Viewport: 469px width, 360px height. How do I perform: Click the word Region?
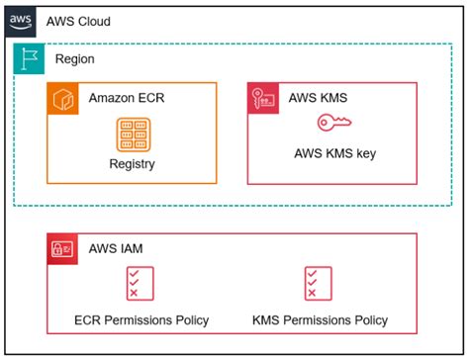[75, 59]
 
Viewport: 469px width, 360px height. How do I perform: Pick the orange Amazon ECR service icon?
[63, 98]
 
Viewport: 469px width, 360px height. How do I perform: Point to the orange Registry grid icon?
[132, 135]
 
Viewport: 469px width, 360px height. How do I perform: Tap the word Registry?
[132, 163]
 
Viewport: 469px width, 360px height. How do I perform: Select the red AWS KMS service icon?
[262, 98]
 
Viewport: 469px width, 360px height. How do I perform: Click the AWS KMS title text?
[320, 98]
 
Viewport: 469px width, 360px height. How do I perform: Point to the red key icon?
[333, 124]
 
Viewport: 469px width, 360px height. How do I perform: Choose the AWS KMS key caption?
[333, 153]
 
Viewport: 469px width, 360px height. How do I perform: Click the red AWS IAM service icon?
[62, 249]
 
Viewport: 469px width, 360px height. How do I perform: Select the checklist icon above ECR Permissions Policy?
[134, 283]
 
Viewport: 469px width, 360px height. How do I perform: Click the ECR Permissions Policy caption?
[134, 319]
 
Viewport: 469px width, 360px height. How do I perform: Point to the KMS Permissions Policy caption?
[319, 319]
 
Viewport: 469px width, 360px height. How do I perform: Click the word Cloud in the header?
[93, 21]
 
